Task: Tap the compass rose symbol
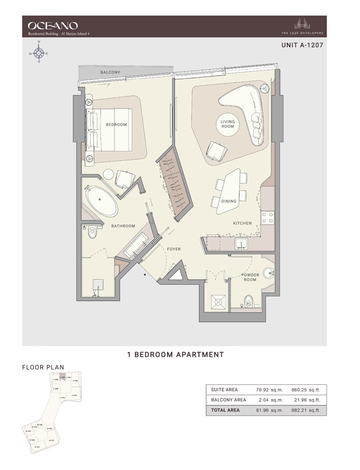[x=39, y=53]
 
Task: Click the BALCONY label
[x=110, y=72]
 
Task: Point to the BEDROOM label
[x=116, y=125]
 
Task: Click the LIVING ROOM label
[x=228, y=124]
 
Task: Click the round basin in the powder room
[x=269, y=273]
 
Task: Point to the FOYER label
[x=174, y=249]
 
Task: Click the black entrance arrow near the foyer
[x=143, y=275]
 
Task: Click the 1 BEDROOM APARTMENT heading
[x=175, y=355]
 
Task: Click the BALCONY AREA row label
[x=228, y=400]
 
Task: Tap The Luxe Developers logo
[x=302, y=26]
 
